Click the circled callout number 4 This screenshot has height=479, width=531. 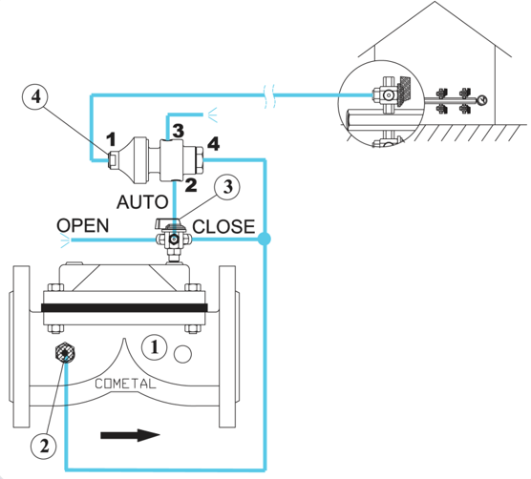[x=35, y=96]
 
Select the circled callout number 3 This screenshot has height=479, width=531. [x=227, y=187]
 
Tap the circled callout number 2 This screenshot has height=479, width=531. [x=44, y=446]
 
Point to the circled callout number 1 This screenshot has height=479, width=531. [x=155, y=347]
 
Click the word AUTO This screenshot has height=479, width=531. [x=142, y=202]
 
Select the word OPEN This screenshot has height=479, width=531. [x=83, y=225]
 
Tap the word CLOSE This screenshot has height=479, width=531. [x=223, y=227]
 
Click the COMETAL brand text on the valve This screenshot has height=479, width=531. [x=125, y=384]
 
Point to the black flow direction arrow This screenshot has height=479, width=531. [x=130, y=435]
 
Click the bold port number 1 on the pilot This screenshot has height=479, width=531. [x=111, y=139]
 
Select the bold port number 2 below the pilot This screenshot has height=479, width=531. [x=191, y=185]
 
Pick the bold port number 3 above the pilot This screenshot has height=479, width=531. [x=179, y=131]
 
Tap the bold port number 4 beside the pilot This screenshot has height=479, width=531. [x=213, y=143]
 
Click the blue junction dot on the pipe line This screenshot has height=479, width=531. [x=265, y=239]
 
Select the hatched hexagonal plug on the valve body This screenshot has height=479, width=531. [x=65, y=353]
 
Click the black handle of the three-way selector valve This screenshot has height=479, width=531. [x=168, y=223]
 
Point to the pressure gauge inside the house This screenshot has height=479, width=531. [x=482, y=100]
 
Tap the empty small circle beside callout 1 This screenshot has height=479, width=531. [x=182, y=354]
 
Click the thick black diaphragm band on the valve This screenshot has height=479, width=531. [x=124, y=308]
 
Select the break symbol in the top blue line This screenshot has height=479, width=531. [x=269, y=96]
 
